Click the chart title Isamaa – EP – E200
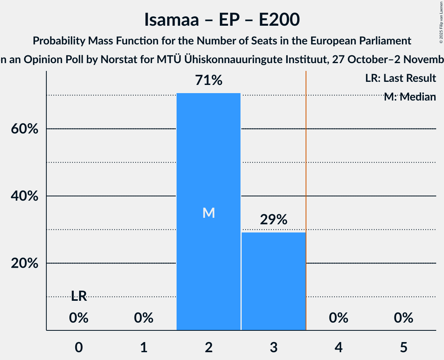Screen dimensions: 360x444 pos(222,19)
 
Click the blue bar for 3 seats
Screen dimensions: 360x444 pos(273,281)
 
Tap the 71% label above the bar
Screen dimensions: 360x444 pos(209,81)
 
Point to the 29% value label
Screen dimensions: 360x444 pos(273,220)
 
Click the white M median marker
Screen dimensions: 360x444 pos(209,213)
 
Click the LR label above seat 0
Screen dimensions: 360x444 pos(79,296)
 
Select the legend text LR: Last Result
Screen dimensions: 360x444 pos(400,78)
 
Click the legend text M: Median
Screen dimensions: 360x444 pos(410,97)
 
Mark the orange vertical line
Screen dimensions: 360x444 pos(306,195)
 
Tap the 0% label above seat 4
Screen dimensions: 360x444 pos(338,318)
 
